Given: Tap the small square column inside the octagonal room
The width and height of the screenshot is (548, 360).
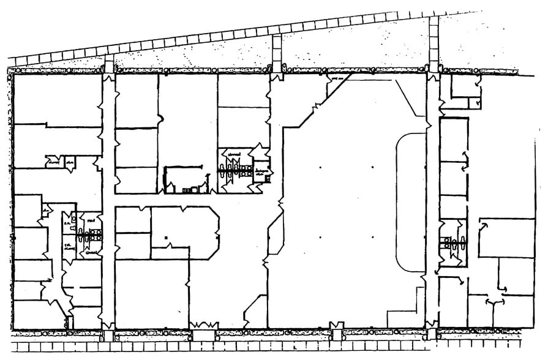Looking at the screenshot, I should [x=166, y=237].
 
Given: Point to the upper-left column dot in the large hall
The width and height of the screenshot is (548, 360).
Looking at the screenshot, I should [x=320, y=167].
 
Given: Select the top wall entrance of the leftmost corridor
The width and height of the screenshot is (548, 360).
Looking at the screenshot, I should [x=108, y=77].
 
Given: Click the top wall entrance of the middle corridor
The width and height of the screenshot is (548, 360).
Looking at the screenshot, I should [x=277, y=77].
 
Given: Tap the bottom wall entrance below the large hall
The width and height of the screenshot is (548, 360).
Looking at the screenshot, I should [x=336, y=326].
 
